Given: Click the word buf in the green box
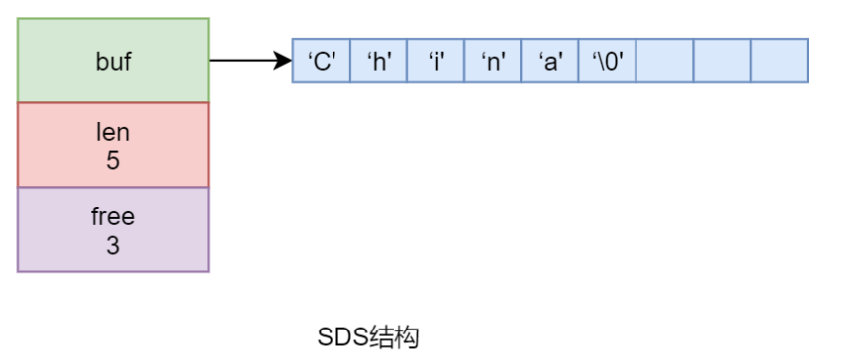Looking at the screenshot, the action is [113, 61].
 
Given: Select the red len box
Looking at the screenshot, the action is [113, 145].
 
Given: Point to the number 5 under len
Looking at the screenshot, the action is [113, 159].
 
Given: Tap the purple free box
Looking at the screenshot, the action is [113, 229].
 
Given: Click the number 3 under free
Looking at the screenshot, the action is [113, 245].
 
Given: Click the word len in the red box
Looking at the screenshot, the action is [113, 132].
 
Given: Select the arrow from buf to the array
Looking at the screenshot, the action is [246, 61].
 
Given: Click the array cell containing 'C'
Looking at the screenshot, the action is [322, 61].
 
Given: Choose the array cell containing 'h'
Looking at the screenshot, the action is [379, 61].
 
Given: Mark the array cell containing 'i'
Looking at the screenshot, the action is [436, 61].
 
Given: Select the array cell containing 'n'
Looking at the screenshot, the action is [493, 61].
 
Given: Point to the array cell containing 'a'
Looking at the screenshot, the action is [550, 61].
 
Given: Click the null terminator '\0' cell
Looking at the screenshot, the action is [607, 61].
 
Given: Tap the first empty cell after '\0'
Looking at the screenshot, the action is [664, 61].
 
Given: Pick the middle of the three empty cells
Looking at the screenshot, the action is [721, 61].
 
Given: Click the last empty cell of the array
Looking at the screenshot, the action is [778, 61].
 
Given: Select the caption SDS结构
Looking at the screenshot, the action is [369, 337].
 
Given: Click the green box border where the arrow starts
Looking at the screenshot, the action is [210, 61].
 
